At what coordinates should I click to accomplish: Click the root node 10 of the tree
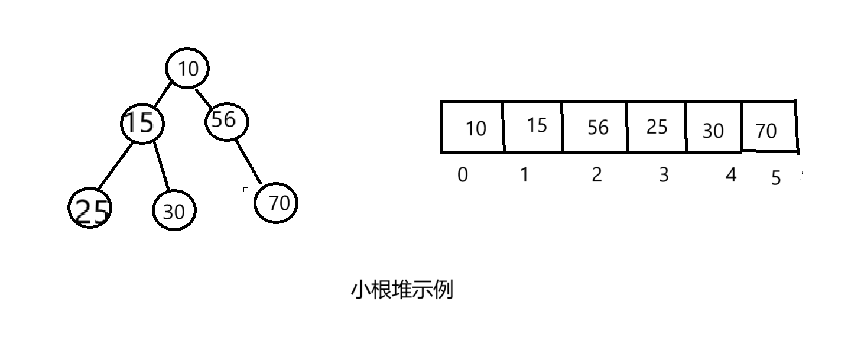click(x=188, y=69)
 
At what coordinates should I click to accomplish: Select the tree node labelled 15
click(x=142, y=123)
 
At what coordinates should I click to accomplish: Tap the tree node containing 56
click(x=226, y=121)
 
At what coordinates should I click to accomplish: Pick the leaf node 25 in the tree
click(x=90, y=209)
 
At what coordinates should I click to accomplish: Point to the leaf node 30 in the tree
click(x=174, y=211)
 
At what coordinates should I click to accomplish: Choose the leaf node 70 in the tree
click(x=276, y=203)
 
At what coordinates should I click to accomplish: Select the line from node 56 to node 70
click(x=248, y=161)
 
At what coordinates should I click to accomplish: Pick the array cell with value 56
click(x=595, y=127)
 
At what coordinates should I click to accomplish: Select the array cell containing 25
click(x=656, y=127)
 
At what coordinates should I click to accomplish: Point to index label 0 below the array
click(x=463, y=175)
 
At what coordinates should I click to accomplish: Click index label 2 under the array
click(x=596, y=175)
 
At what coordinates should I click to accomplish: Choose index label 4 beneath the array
click(x=731, y=175)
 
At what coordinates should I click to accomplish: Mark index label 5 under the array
click(x=776, y=179)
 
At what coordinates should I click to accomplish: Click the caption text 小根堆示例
click(x=402, y=291)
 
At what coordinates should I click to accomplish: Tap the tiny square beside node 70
click(x=246, y=190)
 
